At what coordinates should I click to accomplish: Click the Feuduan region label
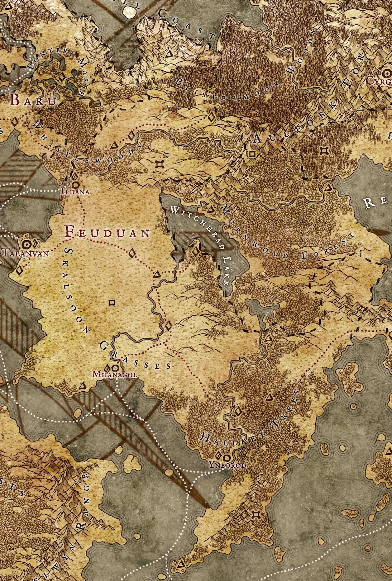(x=107, y=233)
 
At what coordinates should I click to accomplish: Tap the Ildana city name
(x=75, y=192)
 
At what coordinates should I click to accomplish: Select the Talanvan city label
(x=25, y=253)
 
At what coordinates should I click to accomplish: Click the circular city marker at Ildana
(x=76, y=184)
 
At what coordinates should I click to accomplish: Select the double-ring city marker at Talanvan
(x=26, y=245)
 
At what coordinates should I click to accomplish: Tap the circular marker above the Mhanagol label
(x=115, y=368)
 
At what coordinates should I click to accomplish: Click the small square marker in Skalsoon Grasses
(x=111, y=303)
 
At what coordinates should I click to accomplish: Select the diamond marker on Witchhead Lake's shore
(x=195, y=251)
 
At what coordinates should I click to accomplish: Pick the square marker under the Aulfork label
(x=252, y=154)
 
